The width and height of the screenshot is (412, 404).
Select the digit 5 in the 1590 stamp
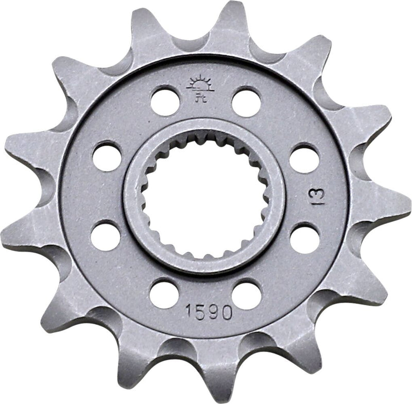click(200, 312)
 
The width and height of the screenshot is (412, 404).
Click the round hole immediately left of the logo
click(165, 101)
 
